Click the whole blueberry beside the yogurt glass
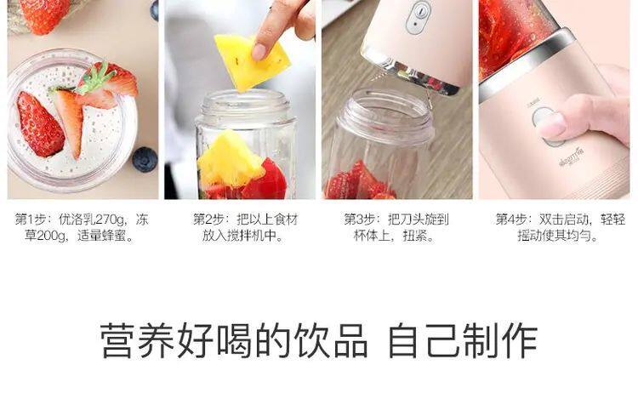[x=145, y=159]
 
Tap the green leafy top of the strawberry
[x=95, y=78]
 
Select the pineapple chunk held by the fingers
[x=252, y=61]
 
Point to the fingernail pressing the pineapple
[x=259, y=52]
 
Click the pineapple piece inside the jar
[x=229, y=158]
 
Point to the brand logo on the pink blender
[x=572, y=156]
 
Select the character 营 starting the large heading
[x=118, y=341]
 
